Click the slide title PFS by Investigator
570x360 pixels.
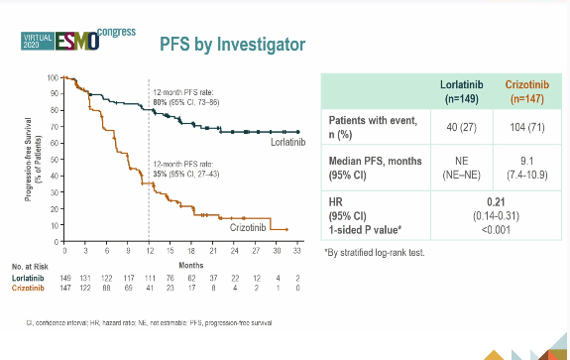point(232,45)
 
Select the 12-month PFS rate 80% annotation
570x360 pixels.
point(195,96)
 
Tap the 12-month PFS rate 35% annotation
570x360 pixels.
point(195,168)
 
